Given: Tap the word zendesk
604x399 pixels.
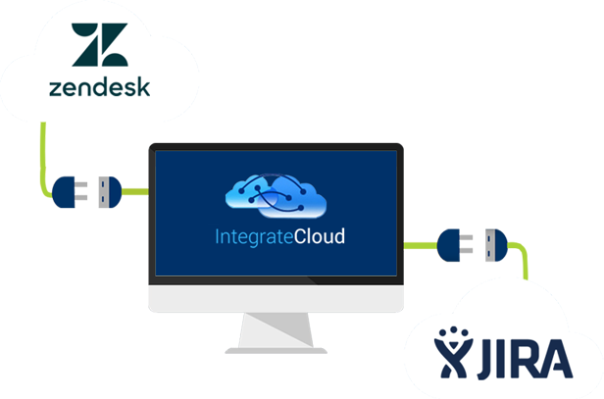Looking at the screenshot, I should tap(99, 87).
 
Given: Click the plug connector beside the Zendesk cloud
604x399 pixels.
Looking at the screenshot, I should tap(86, 192).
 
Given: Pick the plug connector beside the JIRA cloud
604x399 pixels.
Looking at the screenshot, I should tap(475, 245).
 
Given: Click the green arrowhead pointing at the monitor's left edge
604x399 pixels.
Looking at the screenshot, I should tap(140, 192).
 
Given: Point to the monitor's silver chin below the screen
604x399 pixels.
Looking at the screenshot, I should tap(276, 296).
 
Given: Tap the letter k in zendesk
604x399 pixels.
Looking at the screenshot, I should tap(143, 87).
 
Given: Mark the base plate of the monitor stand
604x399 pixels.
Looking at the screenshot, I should tap(276, 344).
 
